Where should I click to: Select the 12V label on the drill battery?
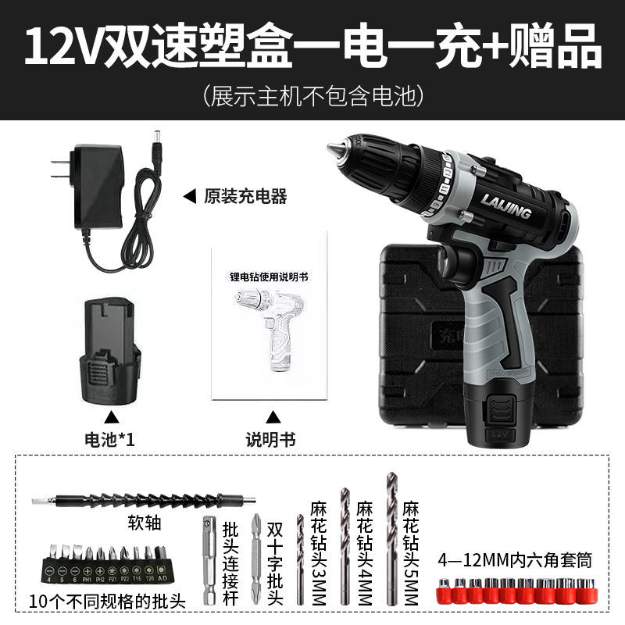point(497,431)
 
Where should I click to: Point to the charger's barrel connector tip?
point(158,138)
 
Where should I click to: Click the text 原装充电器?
point(245,196)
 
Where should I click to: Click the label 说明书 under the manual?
point(271,439)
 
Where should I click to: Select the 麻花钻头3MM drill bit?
point(299,559)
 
